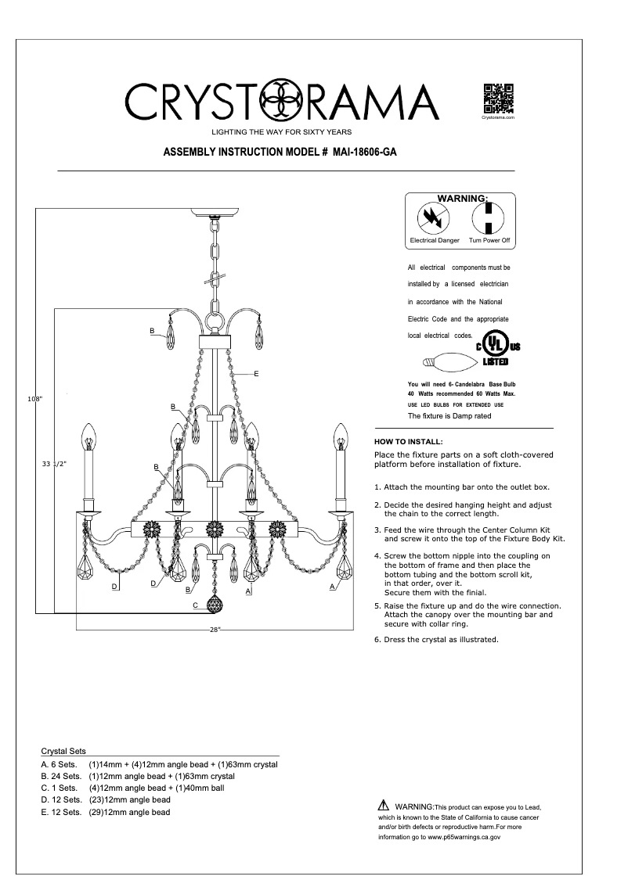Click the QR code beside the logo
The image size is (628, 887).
click(x=497, y=98)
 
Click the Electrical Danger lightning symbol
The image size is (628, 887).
click(x=430, y=217)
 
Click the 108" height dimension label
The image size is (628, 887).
click(x=34, y=399)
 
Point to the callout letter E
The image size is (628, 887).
click(x=255, y=374)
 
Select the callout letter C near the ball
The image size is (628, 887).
click(x=195, y=605)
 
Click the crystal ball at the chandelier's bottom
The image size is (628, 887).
click(x=214, y=605)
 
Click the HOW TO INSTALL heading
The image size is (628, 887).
click(x=409, y=442)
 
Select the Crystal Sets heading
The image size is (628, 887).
click(x=63, y=750)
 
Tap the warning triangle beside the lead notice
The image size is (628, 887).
click(x=383, y=806)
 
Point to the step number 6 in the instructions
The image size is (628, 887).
click(x=377, y=639)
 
